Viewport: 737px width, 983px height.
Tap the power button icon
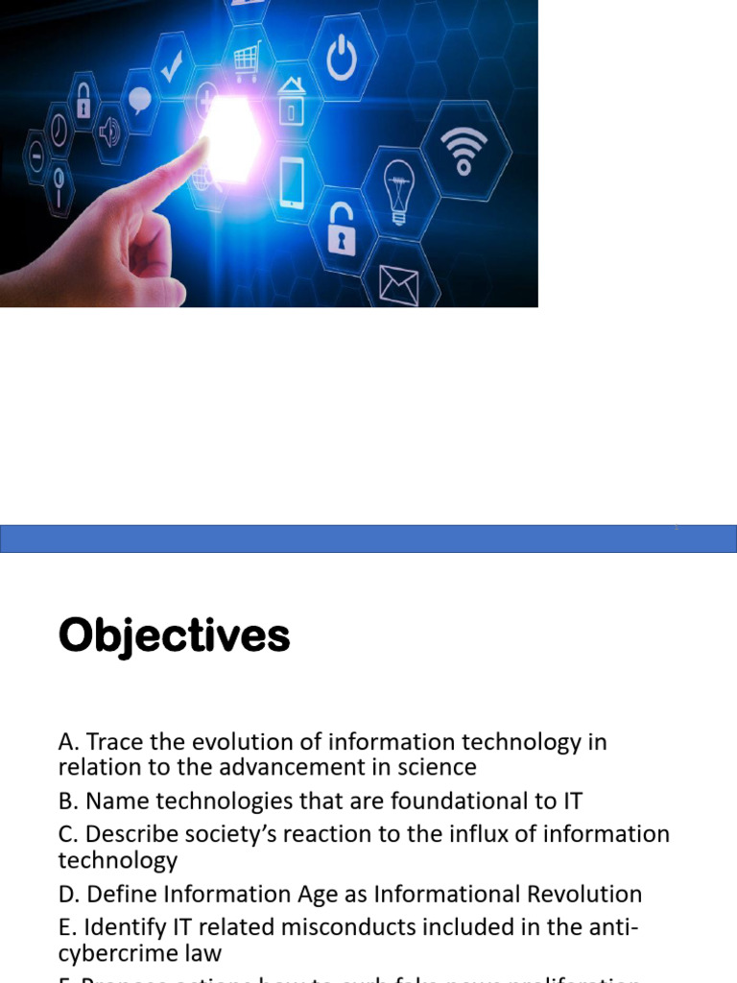coord(343,60)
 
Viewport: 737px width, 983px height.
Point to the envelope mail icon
coord(398,284)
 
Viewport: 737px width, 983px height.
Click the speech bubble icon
coord(140,100)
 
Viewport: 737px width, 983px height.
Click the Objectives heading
coord(174,635)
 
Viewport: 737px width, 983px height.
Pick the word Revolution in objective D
coord(584,894)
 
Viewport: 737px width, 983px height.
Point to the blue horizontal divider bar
coord(368,539)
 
